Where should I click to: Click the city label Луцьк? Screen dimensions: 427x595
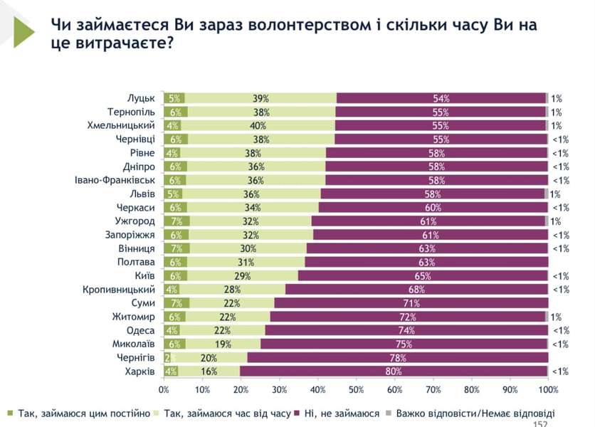pos(141,98)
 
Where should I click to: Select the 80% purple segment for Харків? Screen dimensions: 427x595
pos(394,371)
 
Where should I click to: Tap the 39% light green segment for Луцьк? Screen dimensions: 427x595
pos(260,98)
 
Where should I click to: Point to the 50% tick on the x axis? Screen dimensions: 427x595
pos(356,390)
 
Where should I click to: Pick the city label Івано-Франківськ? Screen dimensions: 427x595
pos(115,180)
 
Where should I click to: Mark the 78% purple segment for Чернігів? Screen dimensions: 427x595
pos(397,357)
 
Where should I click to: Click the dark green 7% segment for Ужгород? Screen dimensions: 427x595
pos(176,221)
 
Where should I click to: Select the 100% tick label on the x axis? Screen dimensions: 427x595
pos(549,390)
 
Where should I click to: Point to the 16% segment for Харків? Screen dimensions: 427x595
pos(209,371)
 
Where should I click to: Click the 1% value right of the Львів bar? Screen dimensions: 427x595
pos(555,194)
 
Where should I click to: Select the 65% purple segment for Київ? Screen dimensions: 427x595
pos(423,275)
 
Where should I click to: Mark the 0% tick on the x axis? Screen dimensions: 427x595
pos(164,390)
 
